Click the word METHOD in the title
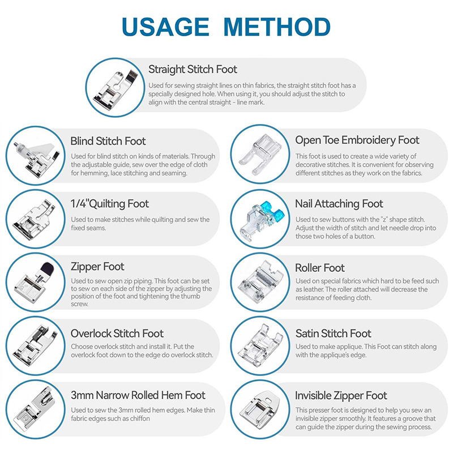click(x=277, y=27)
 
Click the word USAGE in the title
click(x=165, y=27)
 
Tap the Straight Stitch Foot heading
click(x=193, y=69)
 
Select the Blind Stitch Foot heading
click(x=108, y=141)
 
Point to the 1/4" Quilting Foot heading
click(x=110, y=204)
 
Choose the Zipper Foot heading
click(x=97, y=266)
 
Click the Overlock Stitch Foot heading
click(x=117, y=334)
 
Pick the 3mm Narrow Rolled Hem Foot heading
click(x=138, y=395)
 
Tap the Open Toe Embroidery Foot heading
click(x=357, y=140)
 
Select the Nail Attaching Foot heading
click(x=339, y=204)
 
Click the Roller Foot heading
click(x=320, y=268)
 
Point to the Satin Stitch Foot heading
click(x=333, y=334)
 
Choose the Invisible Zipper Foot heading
click(x=341, y=395)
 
